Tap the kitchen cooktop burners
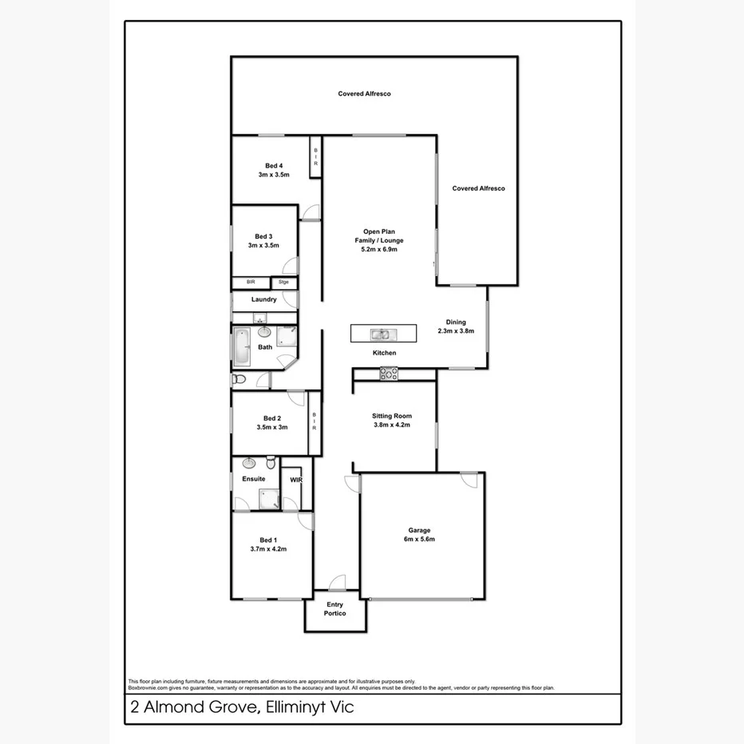[x=389, y=372]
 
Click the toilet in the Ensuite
[x=271, y=463]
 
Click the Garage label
[x=419, y=530]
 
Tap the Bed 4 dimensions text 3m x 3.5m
[x=272, y=175]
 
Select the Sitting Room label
[x=391, y=416]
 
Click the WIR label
[x=296, y=480]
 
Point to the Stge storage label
[x=283, y=283]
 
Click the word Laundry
[x=263, y=300]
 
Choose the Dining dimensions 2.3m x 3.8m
[x=456, y=331]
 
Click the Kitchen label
[x=384, y=353]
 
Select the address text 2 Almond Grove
[x=188, y=707]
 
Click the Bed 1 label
[x=268, y=540]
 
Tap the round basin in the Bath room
[x=264, y=332]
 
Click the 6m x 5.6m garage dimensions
[x=419, y=540]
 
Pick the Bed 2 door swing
[x=295, y=397]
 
